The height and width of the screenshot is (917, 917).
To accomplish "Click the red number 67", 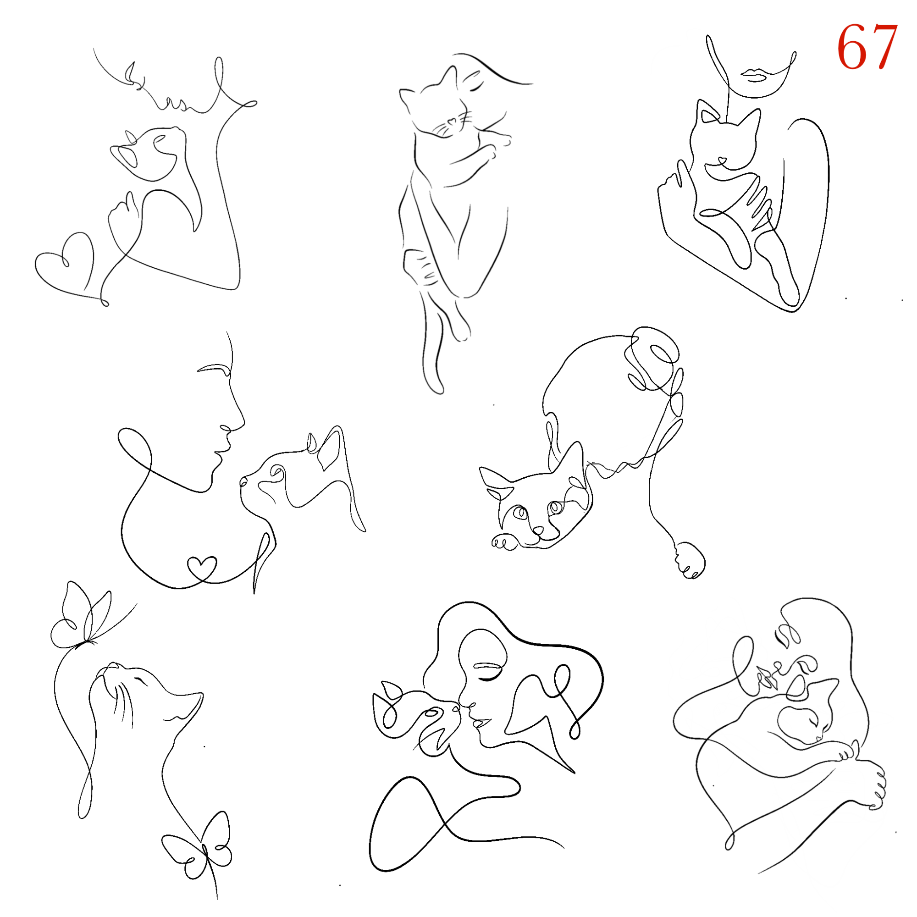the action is (x=867, y=46).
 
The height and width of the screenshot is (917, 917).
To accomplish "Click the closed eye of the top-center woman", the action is (x=476, y=86).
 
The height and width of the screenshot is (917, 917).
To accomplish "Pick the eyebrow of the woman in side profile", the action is (x=214, y=368).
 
